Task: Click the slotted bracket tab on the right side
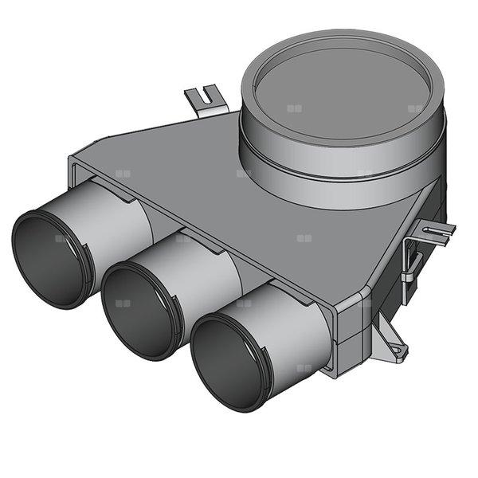click(x=435, y=233)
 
